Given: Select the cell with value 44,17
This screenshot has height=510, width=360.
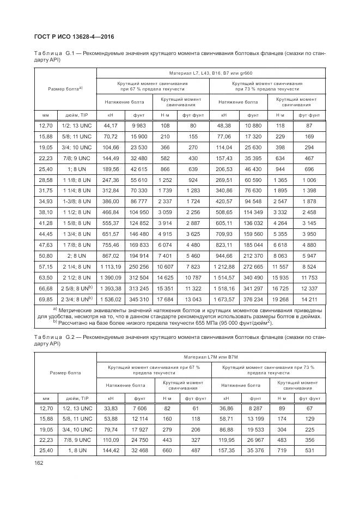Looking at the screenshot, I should [x=111, y=125].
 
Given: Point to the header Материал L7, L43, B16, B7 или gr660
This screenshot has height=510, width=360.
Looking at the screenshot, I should [x=211, y=73].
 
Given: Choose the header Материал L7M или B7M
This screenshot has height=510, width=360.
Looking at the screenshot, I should [x=211, y=357].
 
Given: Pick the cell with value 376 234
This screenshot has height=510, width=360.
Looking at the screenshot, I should [x=252, y=300].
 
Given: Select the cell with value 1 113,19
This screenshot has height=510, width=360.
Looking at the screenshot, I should [x=111, y=267].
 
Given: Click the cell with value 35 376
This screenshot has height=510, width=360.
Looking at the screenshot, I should [x=252, y=451].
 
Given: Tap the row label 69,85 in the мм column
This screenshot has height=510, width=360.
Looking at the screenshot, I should [x=47, y=300].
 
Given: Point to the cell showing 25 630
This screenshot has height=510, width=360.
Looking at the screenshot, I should [x=252, y=147].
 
